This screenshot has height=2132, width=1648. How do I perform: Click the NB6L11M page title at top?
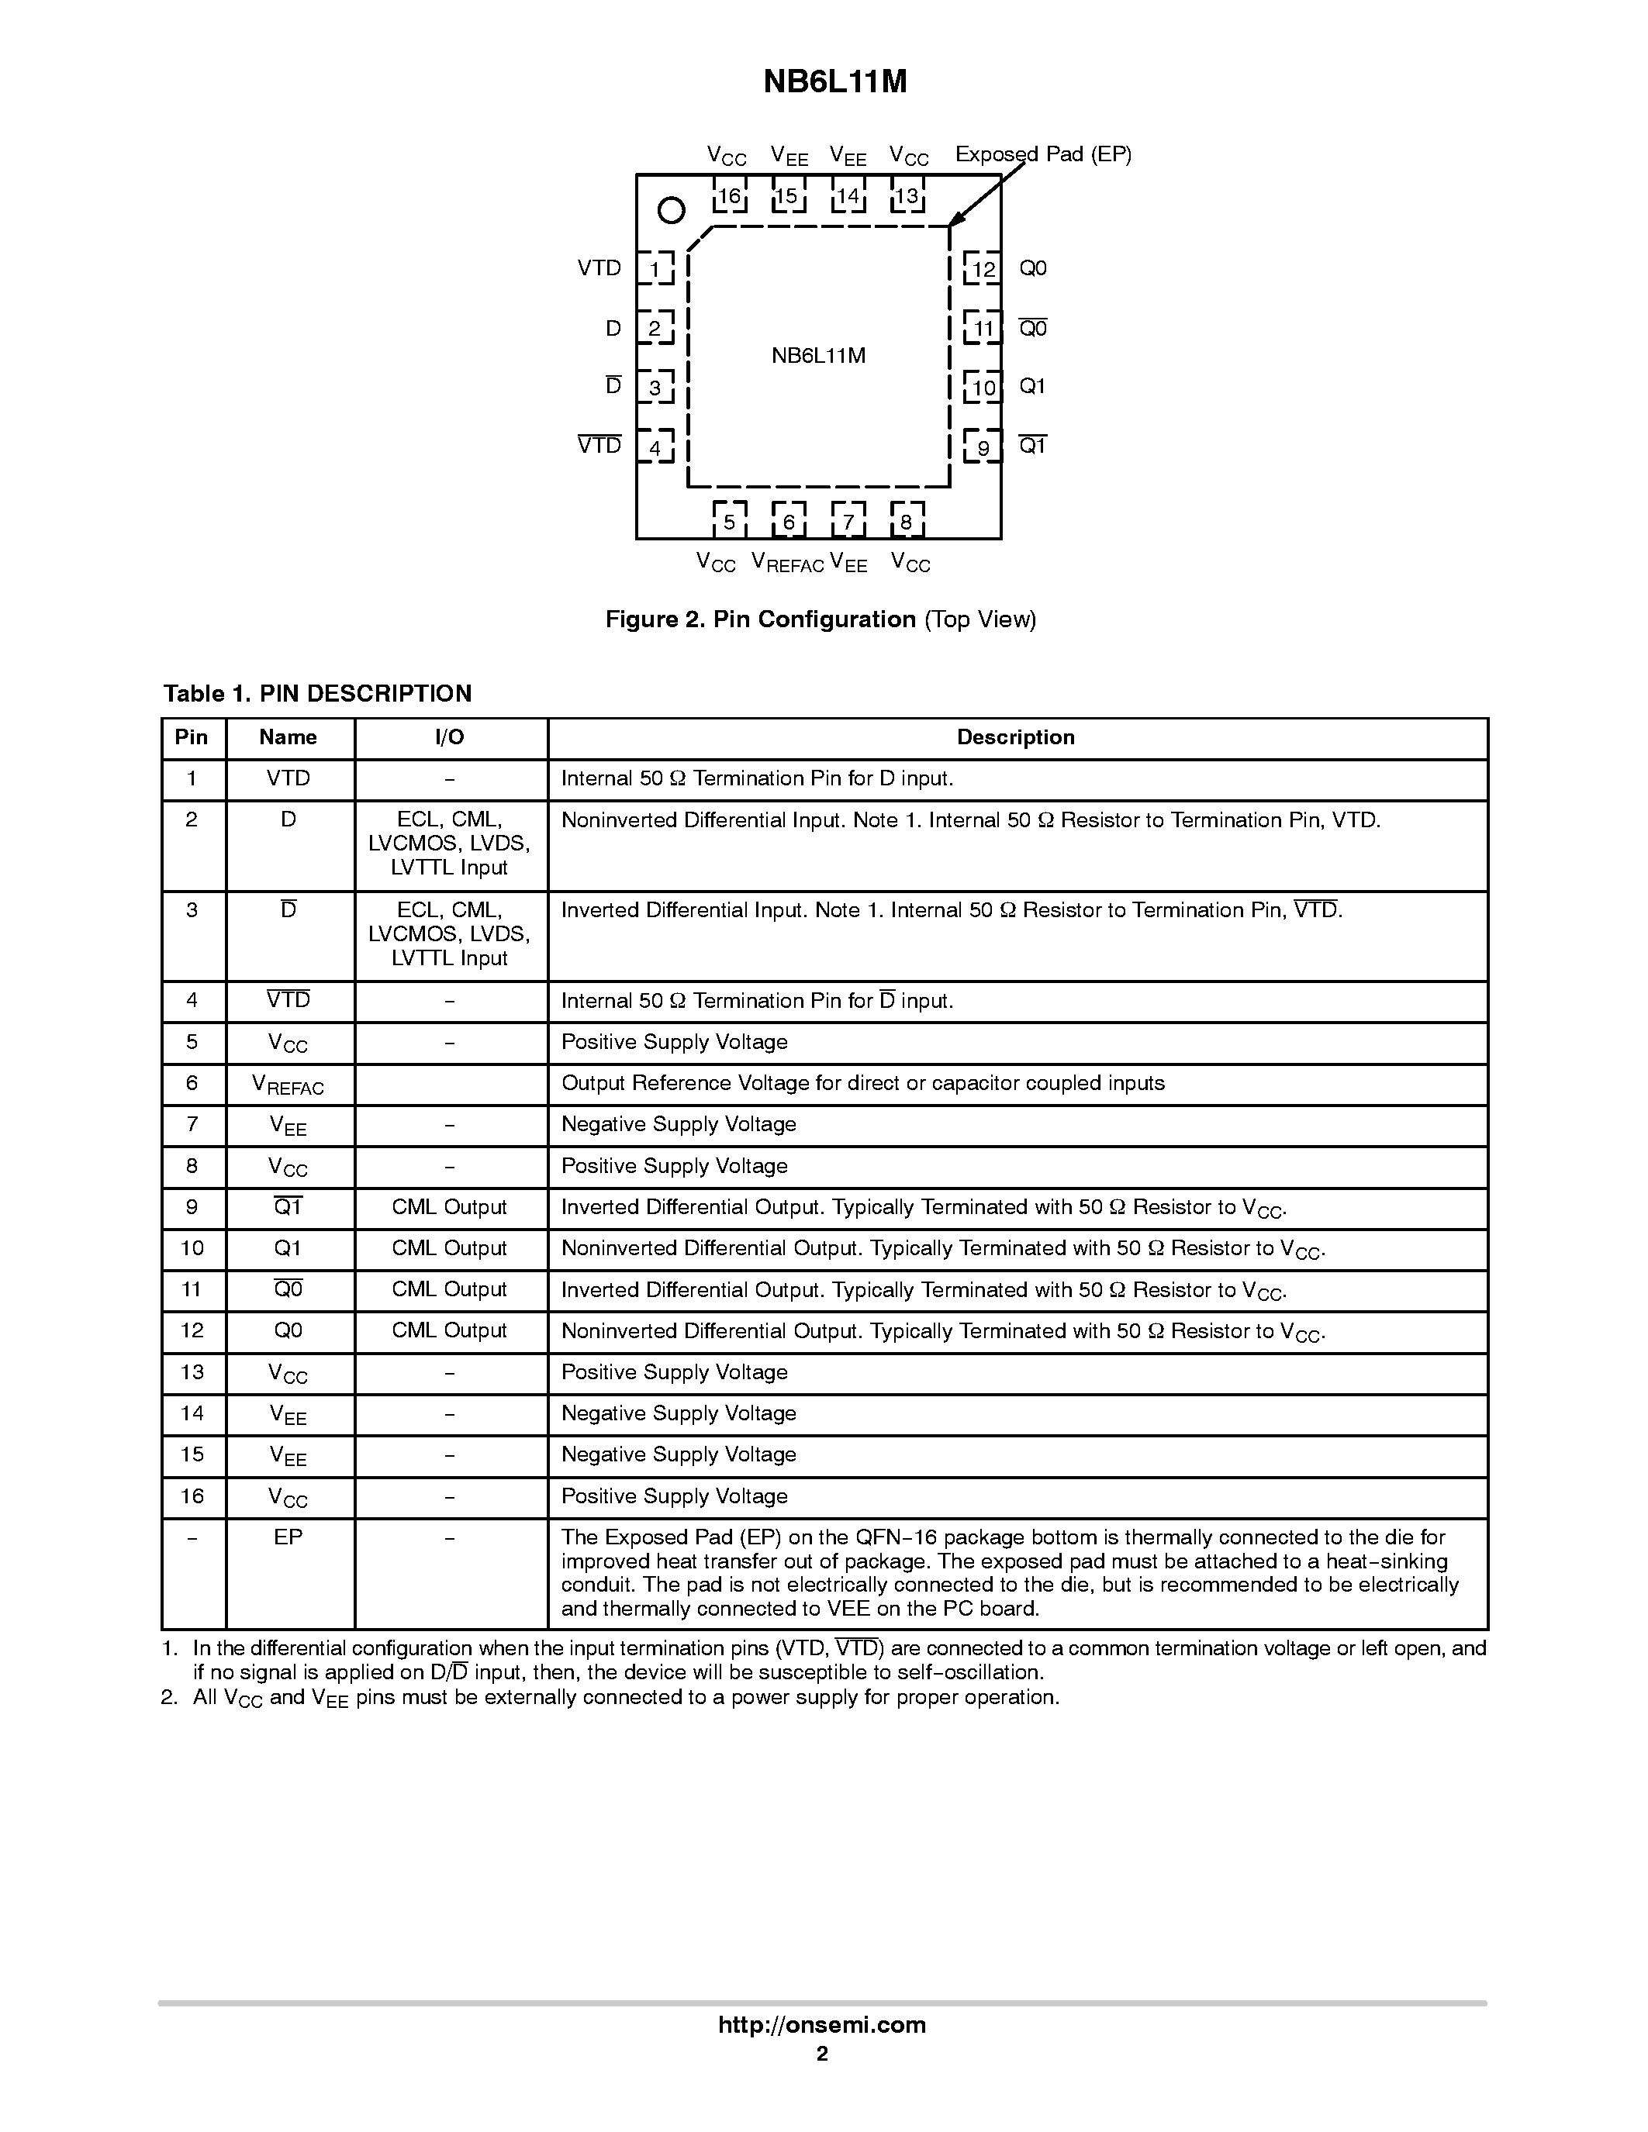tap(834, 82)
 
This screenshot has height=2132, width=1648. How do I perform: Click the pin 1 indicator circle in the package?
tap(671, 210)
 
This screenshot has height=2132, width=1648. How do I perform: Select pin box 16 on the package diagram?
tap(729, 196)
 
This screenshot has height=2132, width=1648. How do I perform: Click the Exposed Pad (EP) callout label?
tap(1042, 154)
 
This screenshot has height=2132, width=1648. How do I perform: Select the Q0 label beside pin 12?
tap(1032, 268)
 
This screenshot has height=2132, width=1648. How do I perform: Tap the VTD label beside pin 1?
tap(599, 268)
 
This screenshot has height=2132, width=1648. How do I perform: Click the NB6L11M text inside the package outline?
tap(818, 355)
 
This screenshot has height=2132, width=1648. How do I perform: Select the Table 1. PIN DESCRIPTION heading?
tap(317, 694)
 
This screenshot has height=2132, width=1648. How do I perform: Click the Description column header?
tap(1015, 738)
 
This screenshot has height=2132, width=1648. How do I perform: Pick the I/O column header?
tap(449, 738)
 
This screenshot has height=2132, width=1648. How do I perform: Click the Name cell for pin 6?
tap(288, 1085)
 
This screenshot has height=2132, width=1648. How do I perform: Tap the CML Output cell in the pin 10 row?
tap(449, 1248)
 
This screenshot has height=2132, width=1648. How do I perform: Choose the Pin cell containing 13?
tap(192, 1372)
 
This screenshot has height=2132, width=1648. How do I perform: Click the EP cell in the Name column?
tap(288, 1537)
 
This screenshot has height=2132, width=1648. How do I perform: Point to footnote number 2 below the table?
tap(169, 1698)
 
